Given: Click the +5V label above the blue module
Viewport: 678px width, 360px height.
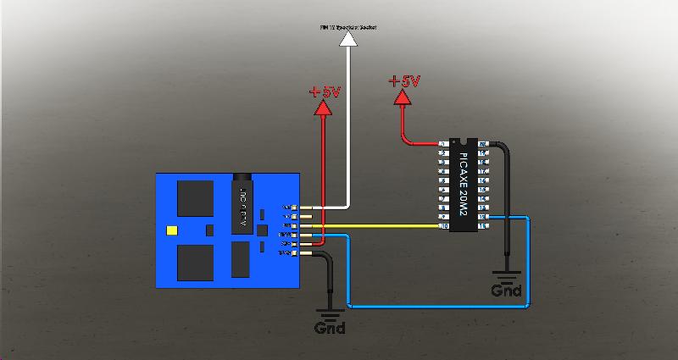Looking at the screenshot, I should pos(325,90).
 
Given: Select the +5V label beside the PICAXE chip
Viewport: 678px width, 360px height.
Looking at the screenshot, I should pos(404,81).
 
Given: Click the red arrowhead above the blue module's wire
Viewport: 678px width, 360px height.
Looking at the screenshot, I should pos(323,107).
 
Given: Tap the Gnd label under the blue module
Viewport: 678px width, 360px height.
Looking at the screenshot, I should pos(330,328).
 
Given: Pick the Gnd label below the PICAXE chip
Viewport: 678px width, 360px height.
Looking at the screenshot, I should pos(506,291).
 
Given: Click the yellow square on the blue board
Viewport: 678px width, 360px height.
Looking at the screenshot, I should pos(173,230).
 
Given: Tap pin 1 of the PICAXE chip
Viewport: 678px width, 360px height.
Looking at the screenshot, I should pos(443,144).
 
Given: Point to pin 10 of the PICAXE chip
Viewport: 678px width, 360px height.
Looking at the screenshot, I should pos(443,226).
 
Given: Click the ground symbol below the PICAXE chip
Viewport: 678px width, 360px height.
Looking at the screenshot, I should pos(506,274).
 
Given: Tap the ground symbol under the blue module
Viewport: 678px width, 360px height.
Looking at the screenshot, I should pos(330,312).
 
